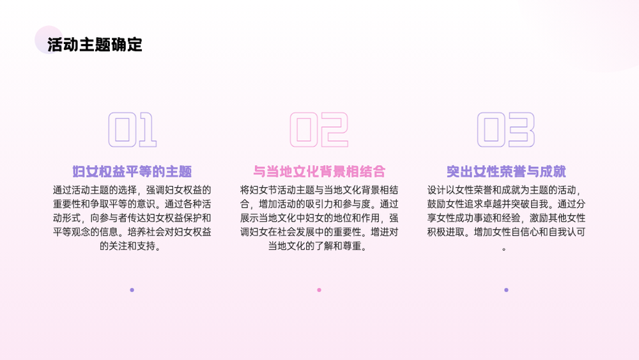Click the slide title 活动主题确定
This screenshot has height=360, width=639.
(95, 44)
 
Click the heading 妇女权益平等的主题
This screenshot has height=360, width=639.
(132, 171)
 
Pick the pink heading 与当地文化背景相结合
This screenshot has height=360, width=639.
(319, 171)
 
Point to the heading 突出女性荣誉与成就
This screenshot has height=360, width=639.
(506, 171)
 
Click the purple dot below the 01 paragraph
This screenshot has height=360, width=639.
(132, 290)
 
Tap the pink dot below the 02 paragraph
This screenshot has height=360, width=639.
(319, 290)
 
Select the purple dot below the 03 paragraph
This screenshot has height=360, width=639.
(506, 290)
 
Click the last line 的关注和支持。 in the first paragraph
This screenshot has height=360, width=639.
(130, 246)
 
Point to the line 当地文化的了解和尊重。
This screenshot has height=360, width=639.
(318, 246)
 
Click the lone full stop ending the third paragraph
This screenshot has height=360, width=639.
(505, 249)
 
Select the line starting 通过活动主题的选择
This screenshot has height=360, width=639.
(132, 190)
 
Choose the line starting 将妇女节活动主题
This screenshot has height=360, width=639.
(319, 190)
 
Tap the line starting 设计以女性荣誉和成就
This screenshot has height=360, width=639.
(504, 190)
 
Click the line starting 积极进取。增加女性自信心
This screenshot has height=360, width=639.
(506, 232)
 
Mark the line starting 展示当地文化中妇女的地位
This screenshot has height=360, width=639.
(319, 217)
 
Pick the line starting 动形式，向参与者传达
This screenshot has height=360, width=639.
(132, 217)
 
